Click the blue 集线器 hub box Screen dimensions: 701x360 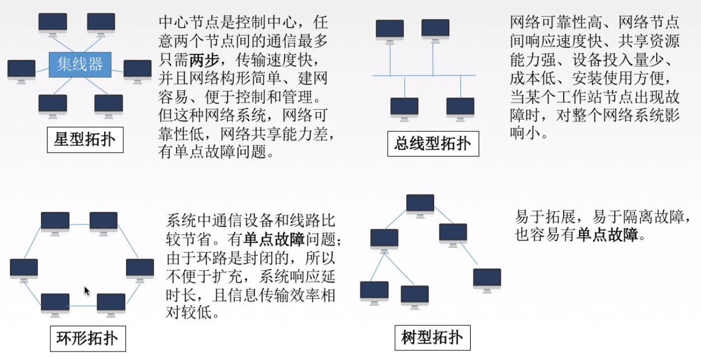(80, 64)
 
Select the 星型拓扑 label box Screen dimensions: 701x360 (85, 140)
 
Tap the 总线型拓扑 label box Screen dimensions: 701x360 (433, 144)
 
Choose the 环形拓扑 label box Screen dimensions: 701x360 (87, 338)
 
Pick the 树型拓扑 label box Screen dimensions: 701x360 (432, 338)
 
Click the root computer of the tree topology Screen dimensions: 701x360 (420, 205)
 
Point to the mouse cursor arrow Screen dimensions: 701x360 (87, 291)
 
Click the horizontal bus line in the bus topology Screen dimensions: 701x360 (424, 75)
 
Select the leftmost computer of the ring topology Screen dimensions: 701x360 (24, 269)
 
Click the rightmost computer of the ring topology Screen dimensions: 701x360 (140, 269)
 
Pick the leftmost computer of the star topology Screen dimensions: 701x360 (21, 71)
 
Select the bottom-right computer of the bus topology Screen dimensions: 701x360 (461, 109)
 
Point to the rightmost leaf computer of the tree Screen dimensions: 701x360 (487, 279)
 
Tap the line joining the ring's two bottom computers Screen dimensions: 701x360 (83, 306)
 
